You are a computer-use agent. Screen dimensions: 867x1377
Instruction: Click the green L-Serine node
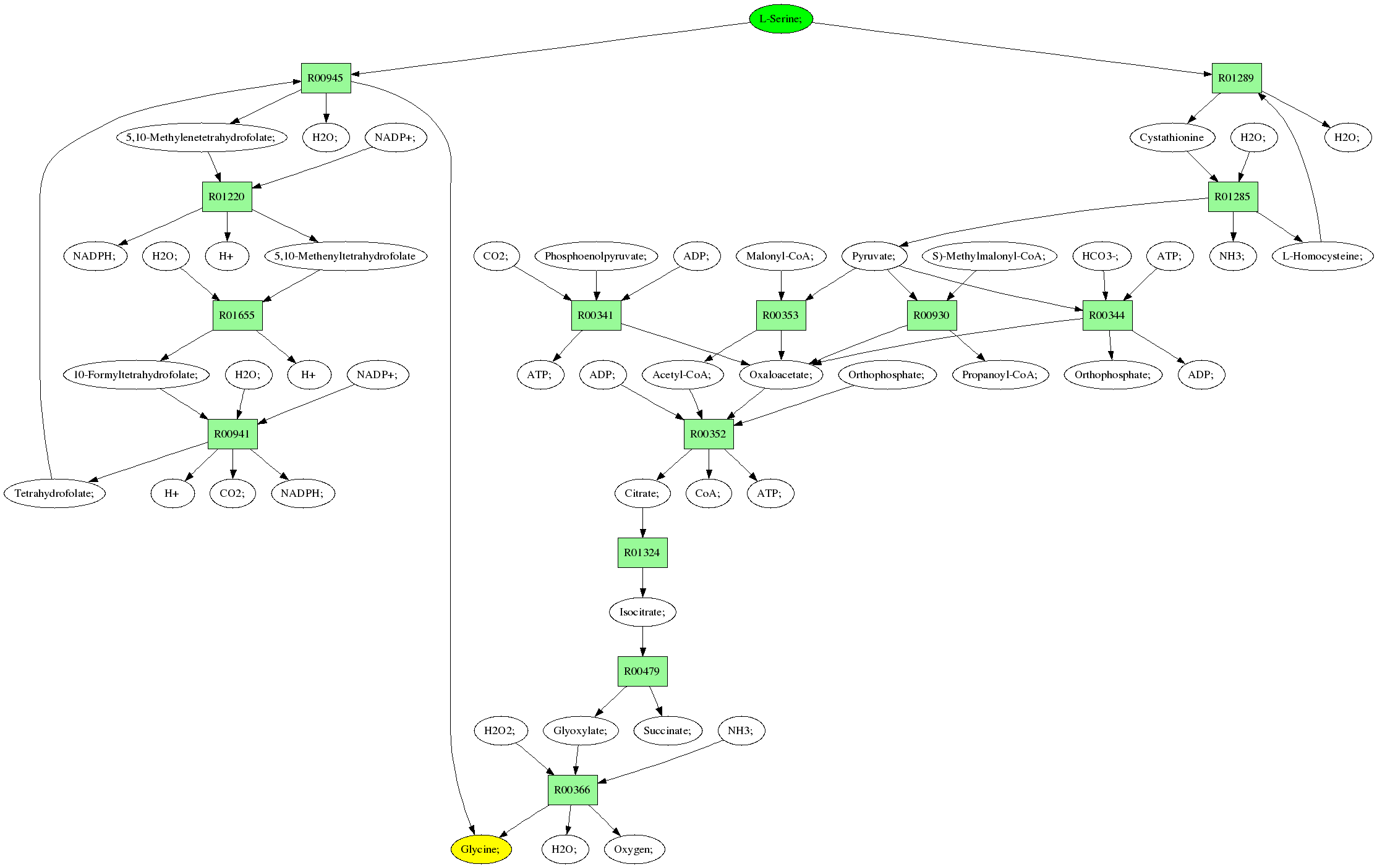[x=780, y=19]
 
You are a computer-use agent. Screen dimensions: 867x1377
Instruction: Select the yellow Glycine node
[x=481, y=849]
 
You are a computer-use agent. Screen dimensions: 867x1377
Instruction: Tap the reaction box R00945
[x=326, y=78]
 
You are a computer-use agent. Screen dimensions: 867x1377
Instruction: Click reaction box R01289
[x=1236, y=78]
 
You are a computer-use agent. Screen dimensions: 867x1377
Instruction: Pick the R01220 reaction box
[x=227, y=197]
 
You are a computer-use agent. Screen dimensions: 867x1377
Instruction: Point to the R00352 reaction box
[x=709, y=434]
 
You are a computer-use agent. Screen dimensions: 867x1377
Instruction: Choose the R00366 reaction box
[x=573, y=790]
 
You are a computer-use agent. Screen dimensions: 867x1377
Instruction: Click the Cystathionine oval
[x=1172, y=137]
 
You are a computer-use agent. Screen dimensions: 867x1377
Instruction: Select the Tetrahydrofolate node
[x=55, y=493]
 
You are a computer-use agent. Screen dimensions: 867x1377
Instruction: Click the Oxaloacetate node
[x=781, y=374]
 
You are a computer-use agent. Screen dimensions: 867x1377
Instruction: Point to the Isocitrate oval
[x=642, y=612]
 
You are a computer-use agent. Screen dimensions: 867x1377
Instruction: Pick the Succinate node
[x=667, y=730]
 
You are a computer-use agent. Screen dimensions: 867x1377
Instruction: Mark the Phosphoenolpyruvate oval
[x=596, y=256]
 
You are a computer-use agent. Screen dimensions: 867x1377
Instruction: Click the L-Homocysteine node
[x=1323, y=256]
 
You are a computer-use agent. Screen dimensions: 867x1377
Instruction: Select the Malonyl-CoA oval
[x=781, y=256]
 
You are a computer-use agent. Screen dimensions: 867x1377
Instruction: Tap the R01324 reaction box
[x=642, y=552]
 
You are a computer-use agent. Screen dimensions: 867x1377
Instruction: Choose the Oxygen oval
[x=634, y=849]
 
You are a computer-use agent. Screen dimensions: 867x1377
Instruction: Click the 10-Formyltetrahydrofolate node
[x=137, y=374]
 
